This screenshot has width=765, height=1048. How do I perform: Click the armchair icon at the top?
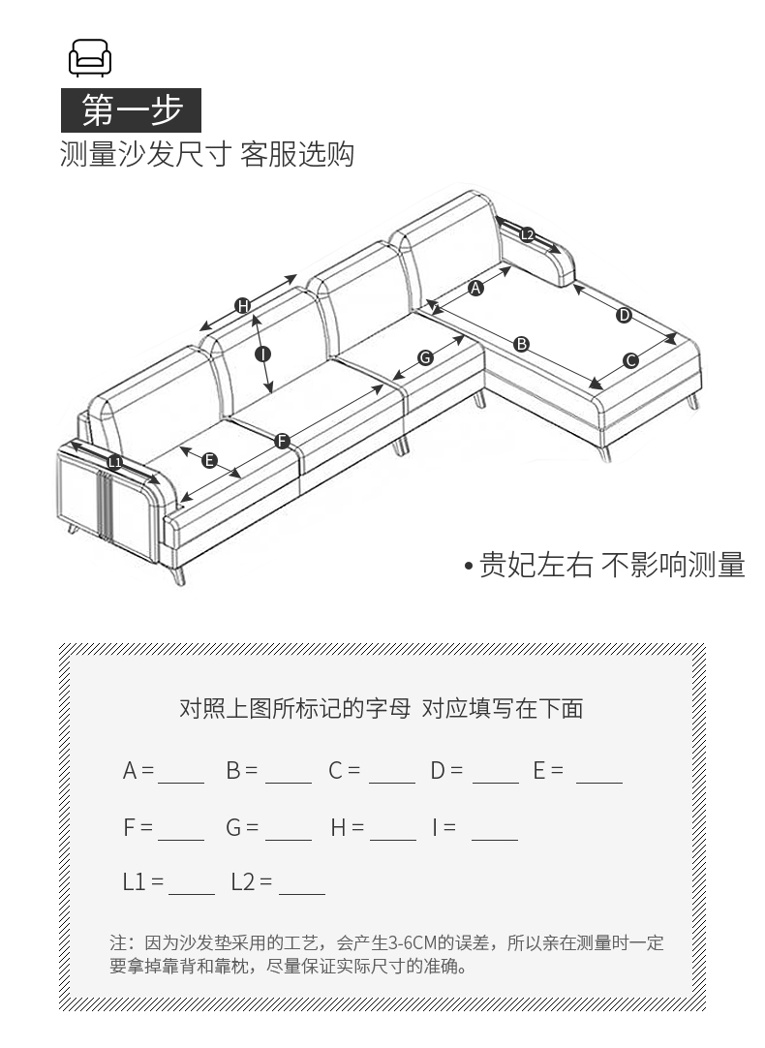pyautogui.click(x=89, y=57)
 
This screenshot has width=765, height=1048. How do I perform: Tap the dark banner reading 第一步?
pyautogui.click(x=131, y=109)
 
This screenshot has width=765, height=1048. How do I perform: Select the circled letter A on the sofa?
pyautogui.click(x=475, y=288)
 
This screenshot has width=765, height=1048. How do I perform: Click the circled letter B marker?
pyautogui.click(x=521, y=344)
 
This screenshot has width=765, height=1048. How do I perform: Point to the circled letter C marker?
pyautogui.click(x=630, y=361)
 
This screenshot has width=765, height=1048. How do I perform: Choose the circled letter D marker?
pyautogui.click(x=624, y=315)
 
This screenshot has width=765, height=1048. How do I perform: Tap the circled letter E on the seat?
pyautogui.click(x=209, y=460)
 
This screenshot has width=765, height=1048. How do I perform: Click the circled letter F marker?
pyautogui.click(x=282, y=441)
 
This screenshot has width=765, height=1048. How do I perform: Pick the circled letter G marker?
pyautogui.click(x=425, y=357)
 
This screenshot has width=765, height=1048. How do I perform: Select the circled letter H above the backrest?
pyautogui.click(x=242, y=306)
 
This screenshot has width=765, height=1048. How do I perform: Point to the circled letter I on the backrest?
pyautogui.click(x=262, y=354)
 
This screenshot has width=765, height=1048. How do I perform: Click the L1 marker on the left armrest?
pyautogui.click(x=115, y=462)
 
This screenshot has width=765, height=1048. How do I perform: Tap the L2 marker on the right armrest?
pyautogui.click(x=527, y=234)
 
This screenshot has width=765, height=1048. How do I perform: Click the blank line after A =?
pyautogui.click(x=181, y=782)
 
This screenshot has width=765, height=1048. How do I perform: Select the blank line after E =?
pyautogui.click(x=599, y=782)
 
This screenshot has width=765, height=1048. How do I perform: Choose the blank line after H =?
pyautogui.click(x=393, y=840)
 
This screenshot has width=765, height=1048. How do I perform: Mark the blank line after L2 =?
pyautogui.click(x=302, y=894)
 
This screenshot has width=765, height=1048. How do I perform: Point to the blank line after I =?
pyautogui.click(x=495, y=840)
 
